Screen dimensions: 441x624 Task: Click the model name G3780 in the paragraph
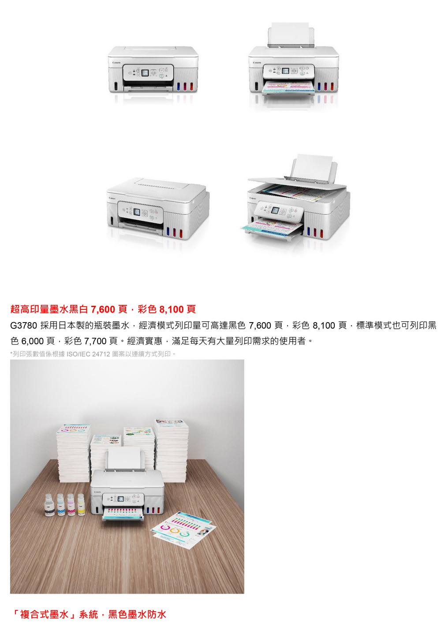pos(23,325)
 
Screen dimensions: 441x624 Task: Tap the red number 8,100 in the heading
pos(171,309)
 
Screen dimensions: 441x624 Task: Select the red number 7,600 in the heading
pos(103,309)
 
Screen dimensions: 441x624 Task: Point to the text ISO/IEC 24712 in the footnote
pos(88,354)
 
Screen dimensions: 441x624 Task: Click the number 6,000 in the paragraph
pos(33,341)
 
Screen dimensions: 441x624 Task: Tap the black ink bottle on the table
pos(49,505)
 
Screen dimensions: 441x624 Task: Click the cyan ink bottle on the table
pos(61,505)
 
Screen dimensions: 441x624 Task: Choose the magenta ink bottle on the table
pos(71,505)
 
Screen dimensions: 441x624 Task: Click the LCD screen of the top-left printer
pos(145,73)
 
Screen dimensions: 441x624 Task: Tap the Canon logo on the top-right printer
pos(257,63)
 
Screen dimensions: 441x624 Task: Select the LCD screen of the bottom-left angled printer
pos(137,212)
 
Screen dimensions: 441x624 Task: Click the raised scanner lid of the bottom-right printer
pos(297,184)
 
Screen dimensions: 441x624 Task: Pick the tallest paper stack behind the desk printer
pos(171,451)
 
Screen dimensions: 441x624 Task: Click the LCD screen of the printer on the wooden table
pos(120,499)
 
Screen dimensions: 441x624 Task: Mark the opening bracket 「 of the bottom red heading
pos(15,614)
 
